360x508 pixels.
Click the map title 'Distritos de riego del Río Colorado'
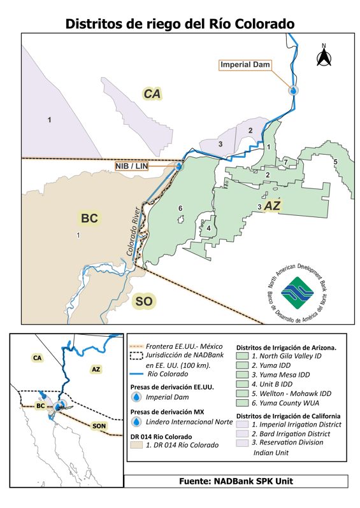click(180, 24)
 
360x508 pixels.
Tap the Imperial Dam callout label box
click(245, 65)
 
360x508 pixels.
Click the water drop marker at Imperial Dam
click(293, 90)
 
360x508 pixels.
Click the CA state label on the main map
click(152, 94)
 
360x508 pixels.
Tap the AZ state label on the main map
click(272, 206)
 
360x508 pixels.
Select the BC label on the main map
click(89, 218)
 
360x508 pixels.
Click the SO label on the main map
click(143, 301)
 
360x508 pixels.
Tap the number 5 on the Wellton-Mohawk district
click(335, 162)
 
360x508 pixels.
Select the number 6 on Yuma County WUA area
click(180, 208)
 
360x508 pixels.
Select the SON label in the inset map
click(99, 425)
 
